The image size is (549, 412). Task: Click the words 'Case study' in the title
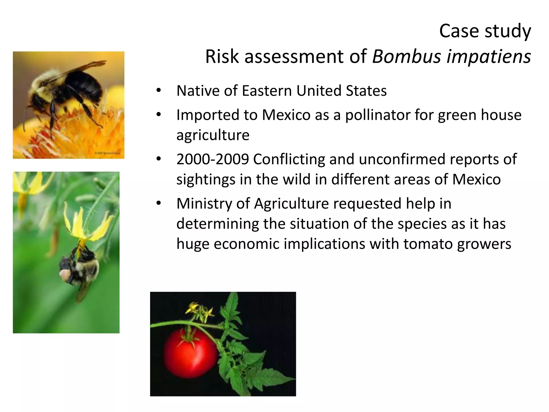point(485,31)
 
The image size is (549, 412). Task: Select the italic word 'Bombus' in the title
point(406,57)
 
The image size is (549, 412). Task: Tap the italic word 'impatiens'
point(488,57)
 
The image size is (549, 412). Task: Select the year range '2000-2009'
point(213,159)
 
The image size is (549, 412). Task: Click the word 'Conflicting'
point(289,159)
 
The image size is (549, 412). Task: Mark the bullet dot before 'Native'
point(158,90)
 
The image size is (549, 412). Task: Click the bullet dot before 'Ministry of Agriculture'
point(158,203)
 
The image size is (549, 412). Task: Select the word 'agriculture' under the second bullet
point(213,135)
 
